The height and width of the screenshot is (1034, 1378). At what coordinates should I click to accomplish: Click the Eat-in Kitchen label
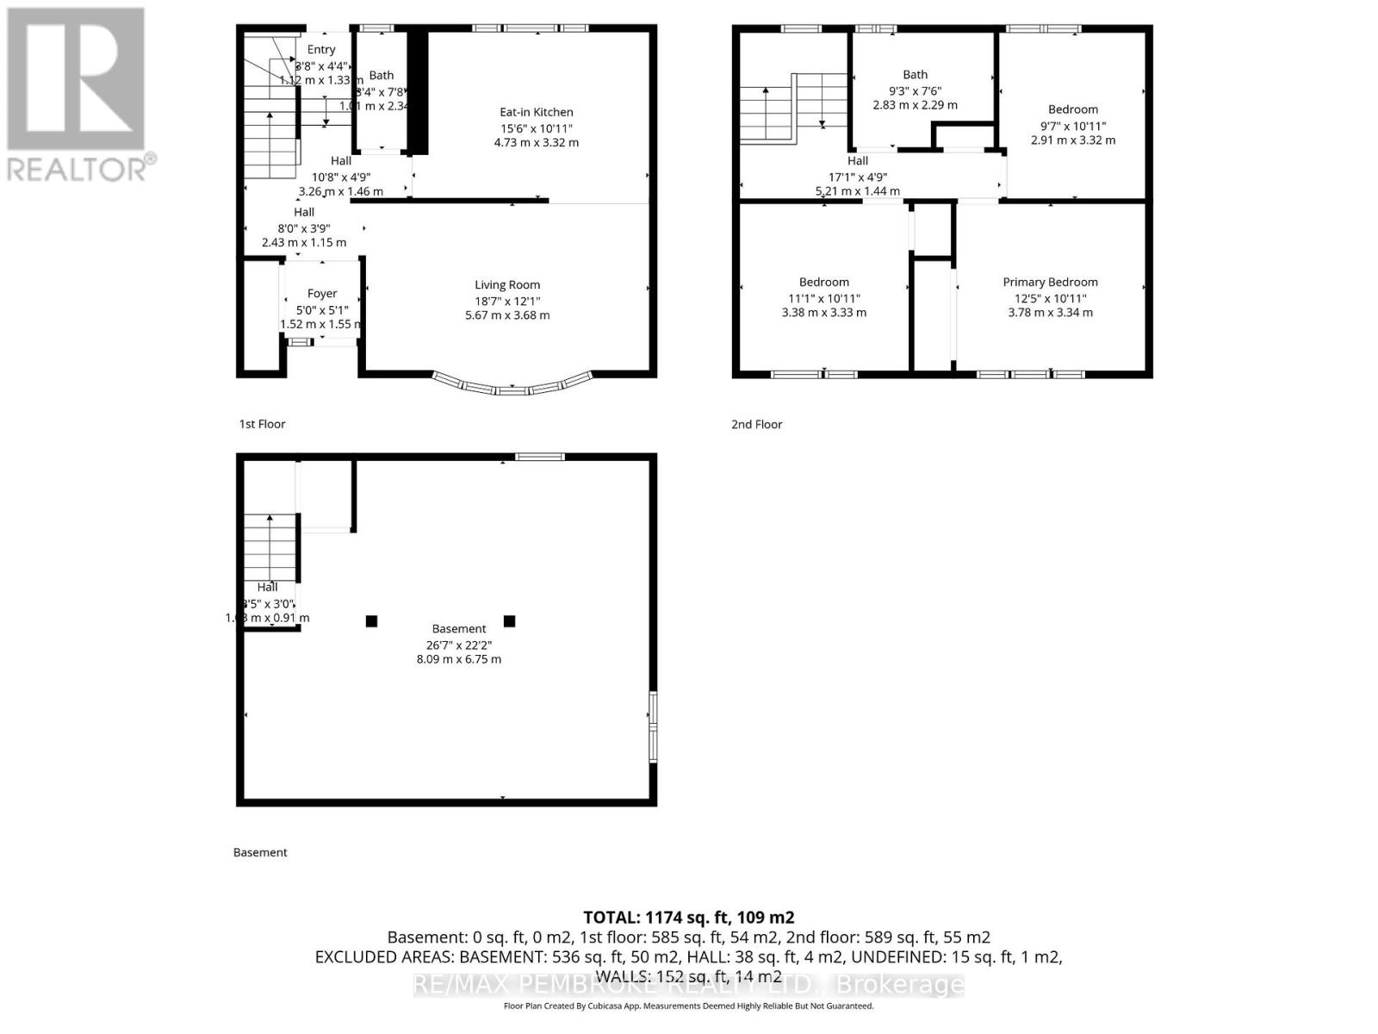coord(536,112)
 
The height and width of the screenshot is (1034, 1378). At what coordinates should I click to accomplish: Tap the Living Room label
coord(507,285)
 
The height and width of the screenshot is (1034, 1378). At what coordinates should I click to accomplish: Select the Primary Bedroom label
coord(1050,282)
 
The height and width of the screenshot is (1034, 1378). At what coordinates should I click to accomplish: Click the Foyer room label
coord(322,294)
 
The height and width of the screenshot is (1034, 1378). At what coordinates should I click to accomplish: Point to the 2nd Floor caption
coord(756,424)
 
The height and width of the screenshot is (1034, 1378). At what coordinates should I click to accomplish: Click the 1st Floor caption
coord(262,424)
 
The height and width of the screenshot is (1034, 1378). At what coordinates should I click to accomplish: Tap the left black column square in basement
coord(371,621)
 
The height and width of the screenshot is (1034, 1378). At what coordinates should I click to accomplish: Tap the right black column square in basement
coord(509,621)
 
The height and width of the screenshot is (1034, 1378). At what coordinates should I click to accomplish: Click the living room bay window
coord(512,388)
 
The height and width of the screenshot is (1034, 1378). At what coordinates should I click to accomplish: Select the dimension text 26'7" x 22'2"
coord(459,645)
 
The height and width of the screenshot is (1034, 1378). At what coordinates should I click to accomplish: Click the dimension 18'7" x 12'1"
coord(507,301)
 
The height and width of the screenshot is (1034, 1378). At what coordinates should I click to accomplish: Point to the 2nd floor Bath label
coord(915,75)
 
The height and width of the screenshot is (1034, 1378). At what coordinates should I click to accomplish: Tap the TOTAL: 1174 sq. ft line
coord(688,918)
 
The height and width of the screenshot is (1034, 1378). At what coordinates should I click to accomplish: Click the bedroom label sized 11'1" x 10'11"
coord(823,282)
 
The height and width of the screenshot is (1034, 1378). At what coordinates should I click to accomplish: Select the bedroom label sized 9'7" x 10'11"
coord(1072,109)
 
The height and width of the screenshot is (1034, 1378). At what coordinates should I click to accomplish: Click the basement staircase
coord(270,547)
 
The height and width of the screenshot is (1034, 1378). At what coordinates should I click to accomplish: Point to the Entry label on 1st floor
coord(321,50)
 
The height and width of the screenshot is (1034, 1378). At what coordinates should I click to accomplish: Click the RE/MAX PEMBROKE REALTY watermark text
coord(688,984)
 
